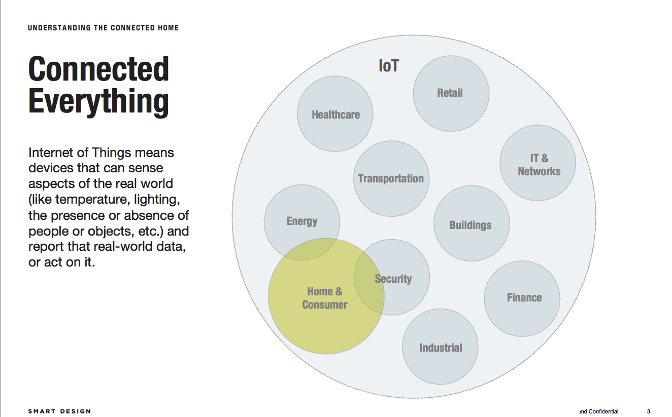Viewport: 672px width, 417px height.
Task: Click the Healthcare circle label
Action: [335, 115]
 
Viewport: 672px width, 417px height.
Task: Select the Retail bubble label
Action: [450, 93]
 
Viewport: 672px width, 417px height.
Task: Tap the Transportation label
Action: [391, 178]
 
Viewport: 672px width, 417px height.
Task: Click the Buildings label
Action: [471, 225]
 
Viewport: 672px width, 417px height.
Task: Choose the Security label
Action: [393, 279]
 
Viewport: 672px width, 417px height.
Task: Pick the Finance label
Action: [524, 298]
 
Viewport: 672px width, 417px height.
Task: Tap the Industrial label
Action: [441, 348]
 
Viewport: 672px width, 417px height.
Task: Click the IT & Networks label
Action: [539, 165]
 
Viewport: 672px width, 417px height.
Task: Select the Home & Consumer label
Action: [325, 298]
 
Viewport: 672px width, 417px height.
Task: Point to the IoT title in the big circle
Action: [389, 66]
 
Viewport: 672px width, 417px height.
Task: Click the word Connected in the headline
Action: [98, 69]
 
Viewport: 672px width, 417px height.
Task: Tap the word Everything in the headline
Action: [98, 102]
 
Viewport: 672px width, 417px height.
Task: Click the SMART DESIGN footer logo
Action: [59, 411]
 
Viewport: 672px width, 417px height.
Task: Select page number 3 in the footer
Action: [648, 411]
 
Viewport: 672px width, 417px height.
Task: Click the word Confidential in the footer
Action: [603, 411]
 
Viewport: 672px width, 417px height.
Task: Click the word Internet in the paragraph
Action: [51, 153]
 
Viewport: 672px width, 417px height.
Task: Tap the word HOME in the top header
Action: [169, 28]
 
